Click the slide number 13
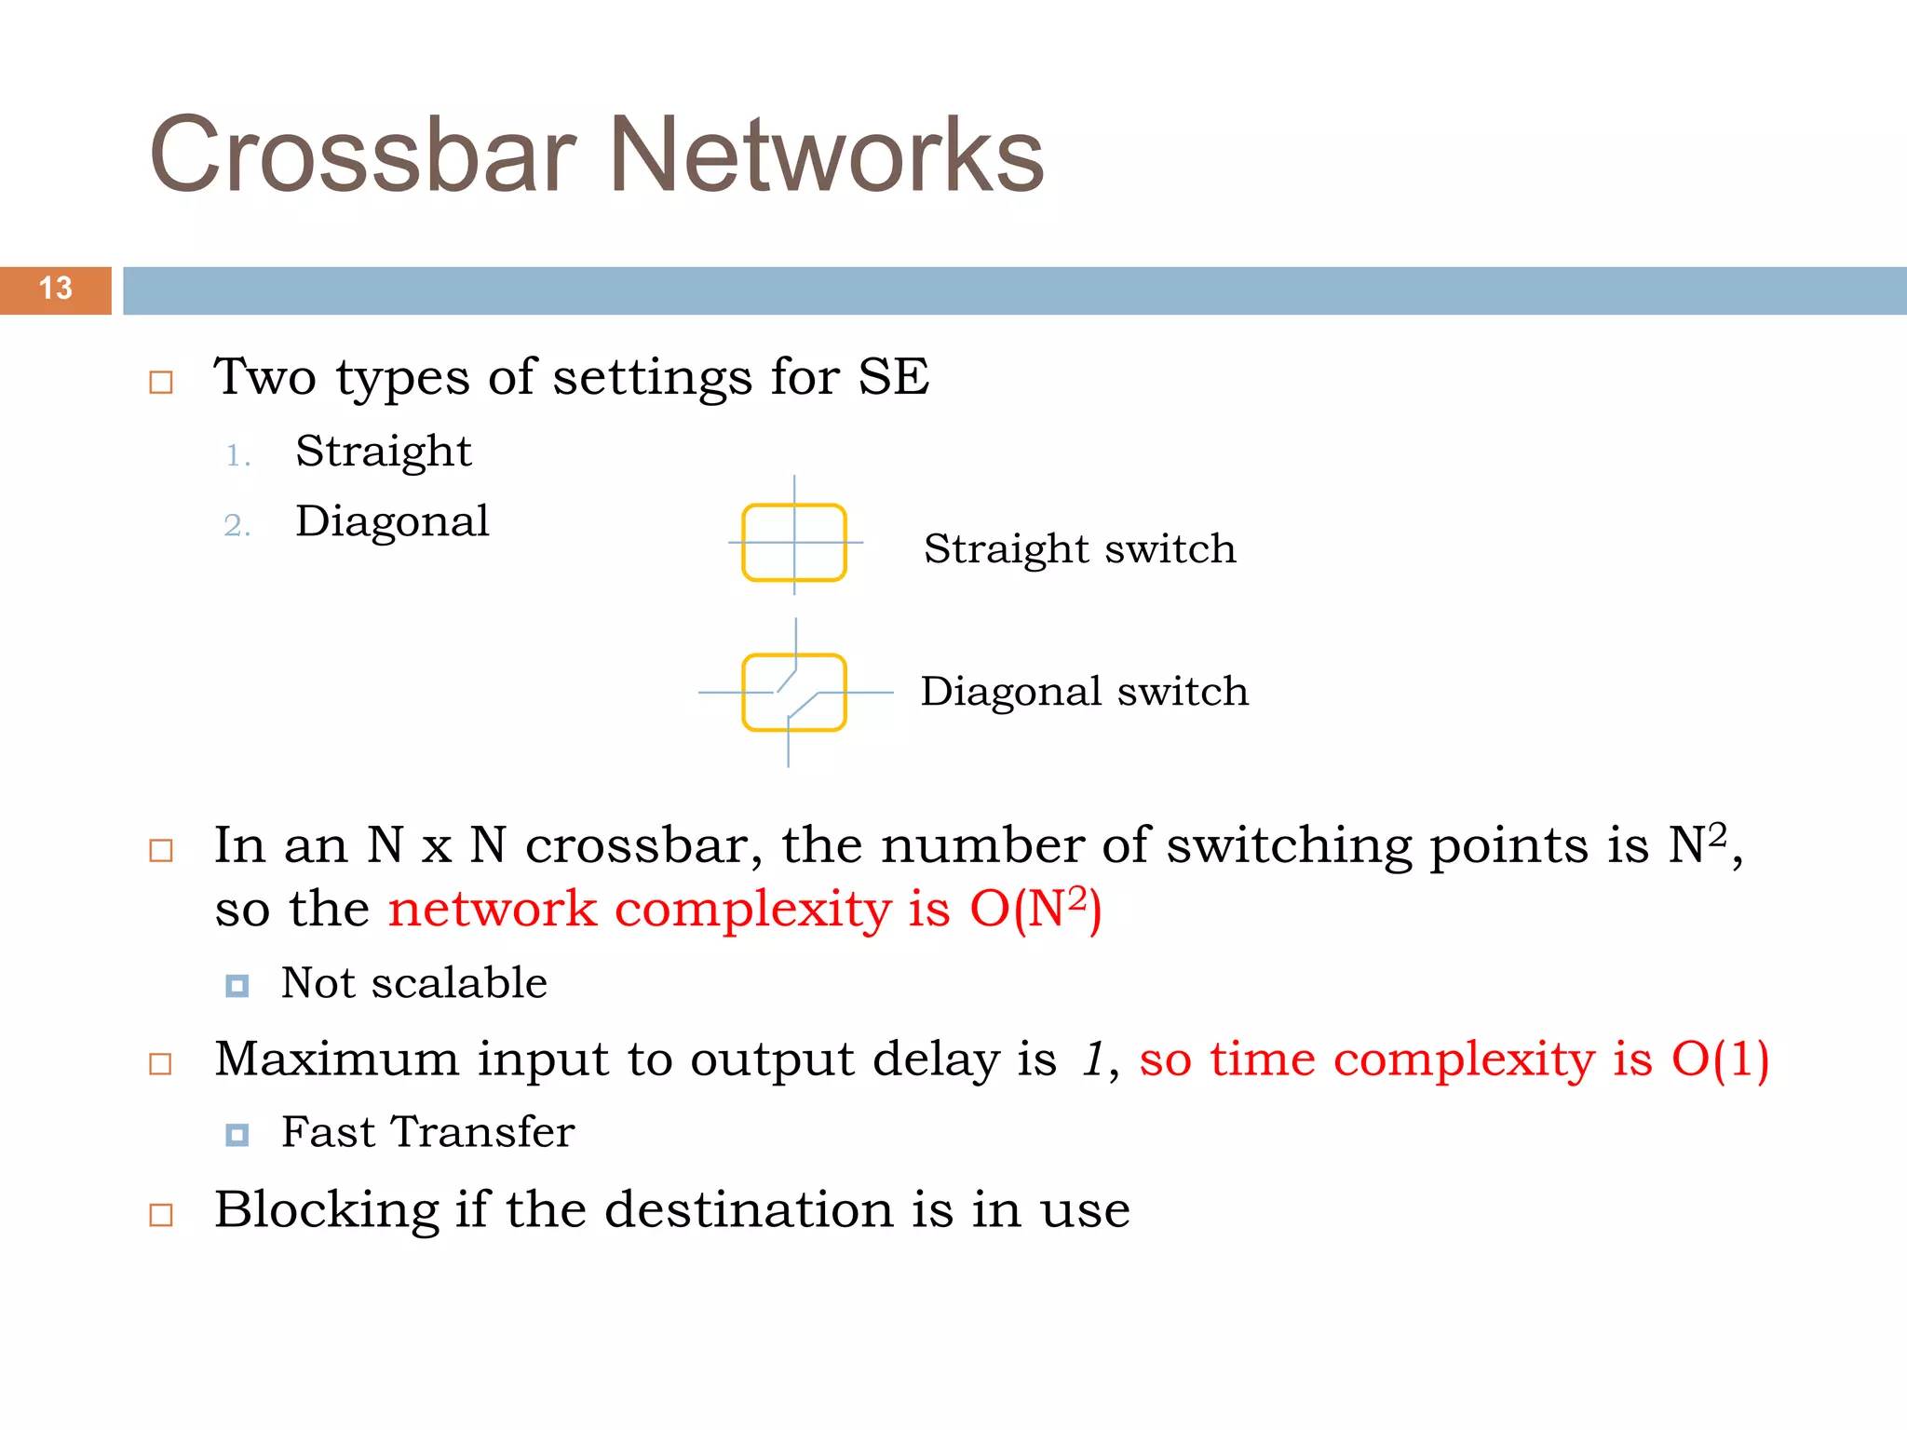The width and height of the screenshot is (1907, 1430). pyautogui.click(x=55, y=289)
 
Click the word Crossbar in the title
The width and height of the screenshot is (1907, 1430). pyautogui.click(x=363, y=155)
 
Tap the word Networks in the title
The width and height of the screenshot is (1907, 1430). pyautogui.click(x=826, y=155)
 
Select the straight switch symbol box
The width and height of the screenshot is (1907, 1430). pyautogui.click(x=794, y=543)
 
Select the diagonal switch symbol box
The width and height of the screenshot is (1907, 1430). pyautogui.click(x=794, y=693)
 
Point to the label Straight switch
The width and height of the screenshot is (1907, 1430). pyautogui.click(x=1079, y=549)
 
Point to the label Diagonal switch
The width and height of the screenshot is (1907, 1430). pyautogui.click(x=1084, y=692)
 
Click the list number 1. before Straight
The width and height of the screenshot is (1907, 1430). pyautogui.click(x=238, y=456)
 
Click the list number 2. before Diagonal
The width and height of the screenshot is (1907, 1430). pyautogui.click(x=237, y=526)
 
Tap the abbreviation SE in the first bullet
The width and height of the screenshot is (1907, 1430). pyautogui.click(x=893, y=378)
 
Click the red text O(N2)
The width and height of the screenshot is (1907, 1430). pyautogui.click(x=1035, y=910)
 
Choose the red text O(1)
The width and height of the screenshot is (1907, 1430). pyautogui.click(x=1720, y=1059)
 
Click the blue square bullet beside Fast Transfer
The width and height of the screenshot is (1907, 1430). pyautogui.click(x=237, y=1135)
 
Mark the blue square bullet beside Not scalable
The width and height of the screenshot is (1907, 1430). pyautogui.click(x=237, y=985)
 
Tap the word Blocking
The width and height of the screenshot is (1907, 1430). pyautogui.click(x=326, y=1210)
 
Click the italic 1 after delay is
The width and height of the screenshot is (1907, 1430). pyautogui.click(x=1092, y=1059)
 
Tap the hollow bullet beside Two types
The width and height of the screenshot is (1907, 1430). pyautogui.click(x=161, y=383)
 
